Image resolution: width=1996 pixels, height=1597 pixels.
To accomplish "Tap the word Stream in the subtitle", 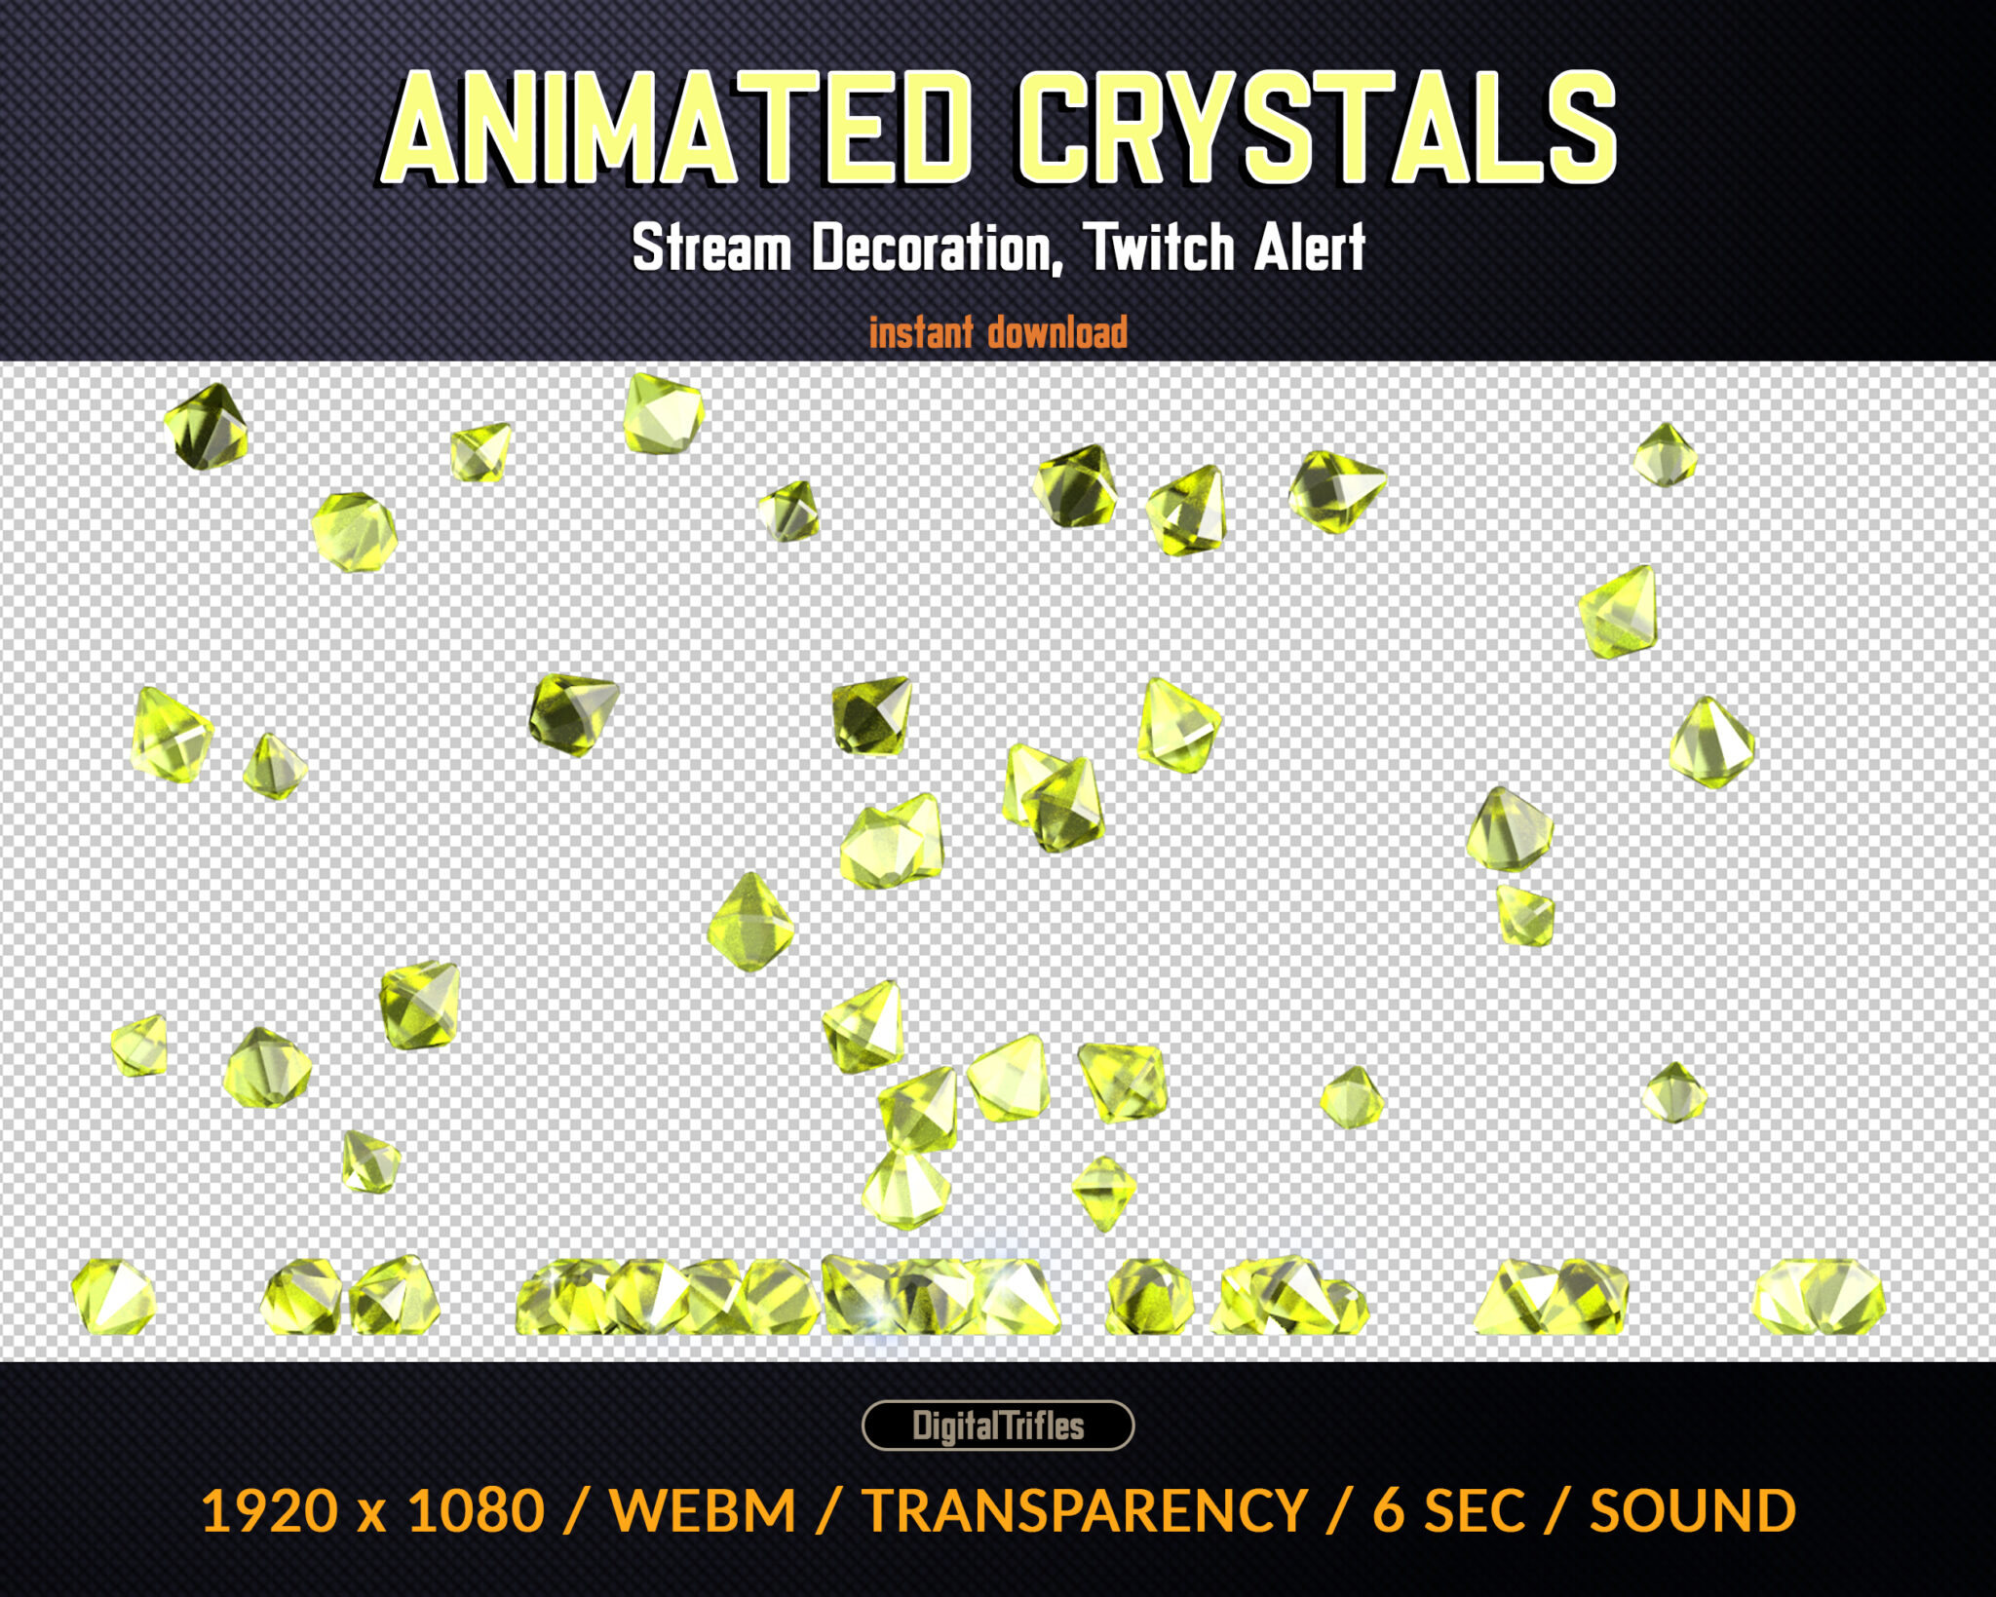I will [x=711, y=247].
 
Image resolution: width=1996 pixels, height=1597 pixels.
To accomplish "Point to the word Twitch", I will [x=1160, y=247].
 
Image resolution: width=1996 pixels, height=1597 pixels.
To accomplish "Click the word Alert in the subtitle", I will [x=1310, y=247].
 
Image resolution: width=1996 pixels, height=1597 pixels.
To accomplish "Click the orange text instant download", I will [x=998, y=332].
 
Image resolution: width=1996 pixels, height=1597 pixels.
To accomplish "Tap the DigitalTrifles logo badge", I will [x=998, y=1426].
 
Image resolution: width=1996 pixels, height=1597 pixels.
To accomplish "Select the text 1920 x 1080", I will [x=372, y=1511].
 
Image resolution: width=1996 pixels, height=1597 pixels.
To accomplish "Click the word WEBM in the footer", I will [x=703, y=1511].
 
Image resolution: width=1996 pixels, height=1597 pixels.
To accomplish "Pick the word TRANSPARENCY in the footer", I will [x=1085, y=1511].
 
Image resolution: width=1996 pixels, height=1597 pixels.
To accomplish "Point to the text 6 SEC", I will [x=1448, y=1511].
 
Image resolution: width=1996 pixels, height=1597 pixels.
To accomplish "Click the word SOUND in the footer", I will [x=1693, y=1511].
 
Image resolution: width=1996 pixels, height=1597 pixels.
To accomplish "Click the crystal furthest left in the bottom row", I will [x=113, y=1296].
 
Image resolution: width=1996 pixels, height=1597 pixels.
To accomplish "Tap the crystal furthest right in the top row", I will [x=1665, y=455].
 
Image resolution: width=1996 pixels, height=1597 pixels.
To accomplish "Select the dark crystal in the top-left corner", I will [x=207, y=427].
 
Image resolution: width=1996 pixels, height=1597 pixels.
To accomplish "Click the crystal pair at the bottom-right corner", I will [x=1819, y=1297].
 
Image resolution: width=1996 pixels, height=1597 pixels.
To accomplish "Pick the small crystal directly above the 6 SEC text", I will [x=1352, y=1097].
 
